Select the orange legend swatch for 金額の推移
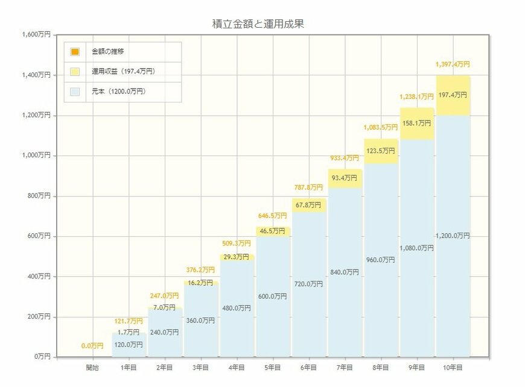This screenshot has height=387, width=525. pos(75,52)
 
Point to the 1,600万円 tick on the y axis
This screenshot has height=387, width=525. pos(36,35)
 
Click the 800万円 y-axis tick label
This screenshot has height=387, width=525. pos(38,196)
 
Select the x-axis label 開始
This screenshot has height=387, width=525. pos(92,367)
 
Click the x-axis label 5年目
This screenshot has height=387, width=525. pos(273,367)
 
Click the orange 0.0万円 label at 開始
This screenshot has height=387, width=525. pos(92,346)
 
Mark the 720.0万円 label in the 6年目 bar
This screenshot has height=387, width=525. pos(309,284)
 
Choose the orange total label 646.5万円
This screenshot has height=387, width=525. pos(273,216)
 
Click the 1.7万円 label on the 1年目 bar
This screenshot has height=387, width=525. pos(129,332)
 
